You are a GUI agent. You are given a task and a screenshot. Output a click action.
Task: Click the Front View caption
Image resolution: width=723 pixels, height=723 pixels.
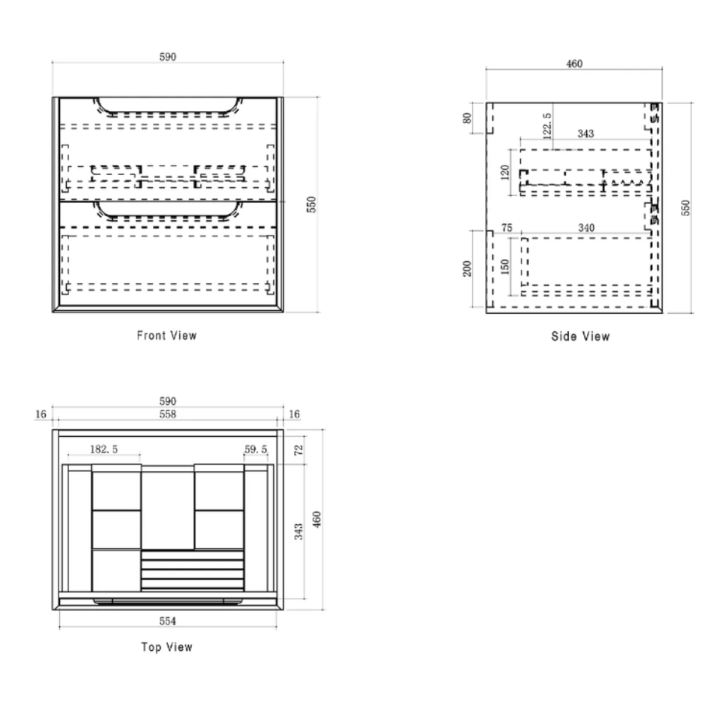click(167, 336)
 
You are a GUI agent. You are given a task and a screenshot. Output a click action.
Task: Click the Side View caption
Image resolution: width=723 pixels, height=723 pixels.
click(581, 337)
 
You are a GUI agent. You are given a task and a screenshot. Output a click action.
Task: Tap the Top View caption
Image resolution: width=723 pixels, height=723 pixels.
click(167, 647)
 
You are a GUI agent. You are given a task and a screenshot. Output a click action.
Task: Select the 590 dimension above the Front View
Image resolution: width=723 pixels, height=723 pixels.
click(168, 57)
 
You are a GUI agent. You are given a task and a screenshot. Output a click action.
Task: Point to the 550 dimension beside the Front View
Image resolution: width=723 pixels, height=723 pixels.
click(312, 204)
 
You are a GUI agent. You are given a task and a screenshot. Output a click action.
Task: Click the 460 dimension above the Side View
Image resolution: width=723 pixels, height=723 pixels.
click(575, 64)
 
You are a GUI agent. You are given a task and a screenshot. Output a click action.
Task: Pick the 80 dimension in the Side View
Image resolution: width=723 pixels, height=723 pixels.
click(467, 118)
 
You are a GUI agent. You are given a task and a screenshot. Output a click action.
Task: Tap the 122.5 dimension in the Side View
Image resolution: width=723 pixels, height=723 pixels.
click(547, 126)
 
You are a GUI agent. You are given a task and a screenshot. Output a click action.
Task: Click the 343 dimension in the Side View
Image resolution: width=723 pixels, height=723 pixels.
click(585, 134)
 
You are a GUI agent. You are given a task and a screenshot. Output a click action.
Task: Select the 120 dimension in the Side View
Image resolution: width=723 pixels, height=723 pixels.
click(505, 172)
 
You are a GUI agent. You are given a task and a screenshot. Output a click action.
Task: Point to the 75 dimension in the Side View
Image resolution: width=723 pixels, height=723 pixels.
click(507, 228)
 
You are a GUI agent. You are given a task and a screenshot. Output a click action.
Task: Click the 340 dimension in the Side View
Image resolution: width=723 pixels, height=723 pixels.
click(586, 228)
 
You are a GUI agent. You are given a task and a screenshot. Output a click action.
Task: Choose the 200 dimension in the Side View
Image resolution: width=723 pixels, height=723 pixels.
click(467, 268)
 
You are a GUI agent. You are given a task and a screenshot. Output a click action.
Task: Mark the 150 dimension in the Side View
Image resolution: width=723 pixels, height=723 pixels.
click(505, 267)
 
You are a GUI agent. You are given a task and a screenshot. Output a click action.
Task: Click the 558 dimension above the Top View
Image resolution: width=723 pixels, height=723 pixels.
click(168, 414)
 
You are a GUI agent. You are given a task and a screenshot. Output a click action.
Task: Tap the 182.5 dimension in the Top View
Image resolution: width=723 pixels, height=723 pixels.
click(103, 449)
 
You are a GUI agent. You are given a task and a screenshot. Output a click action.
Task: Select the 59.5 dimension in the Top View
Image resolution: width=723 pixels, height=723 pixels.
click(256, 449)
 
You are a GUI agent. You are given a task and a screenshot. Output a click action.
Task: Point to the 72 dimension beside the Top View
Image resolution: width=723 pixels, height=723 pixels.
click(299, 449)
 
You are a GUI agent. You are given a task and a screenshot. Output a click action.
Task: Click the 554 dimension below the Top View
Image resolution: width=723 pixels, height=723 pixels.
click(168, 621)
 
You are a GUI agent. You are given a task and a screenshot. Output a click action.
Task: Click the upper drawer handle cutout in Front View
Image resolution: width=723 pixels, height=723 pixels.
click(168, 112)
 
